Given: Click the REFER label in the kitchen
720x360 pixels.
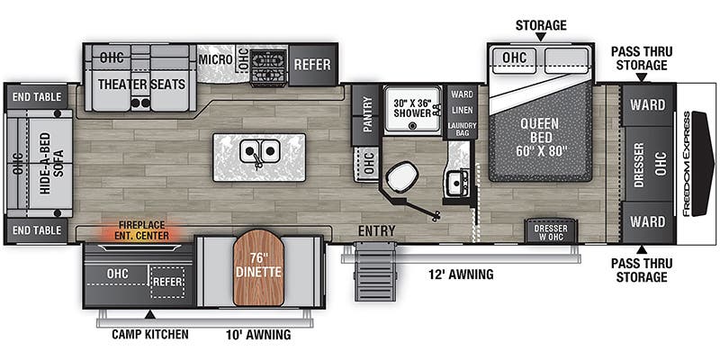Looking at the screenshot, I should coord(310,65).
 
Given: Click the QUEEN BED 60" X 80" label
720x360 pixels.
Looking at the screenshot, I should coord(538,137).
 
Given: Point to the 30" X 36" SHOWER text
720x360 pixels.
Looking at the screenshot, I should coord(413,108).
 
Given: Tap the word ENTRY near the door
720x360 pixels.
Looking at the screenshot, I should coord(376,231).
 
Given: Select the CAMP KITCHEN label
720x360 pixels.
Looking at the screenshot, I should coord(150,335).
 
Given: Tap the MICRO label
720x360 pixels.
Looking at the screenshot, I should coord(216,59).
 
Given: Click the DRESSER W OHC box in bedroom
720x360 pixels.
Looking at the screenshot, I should coord(550,229).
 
